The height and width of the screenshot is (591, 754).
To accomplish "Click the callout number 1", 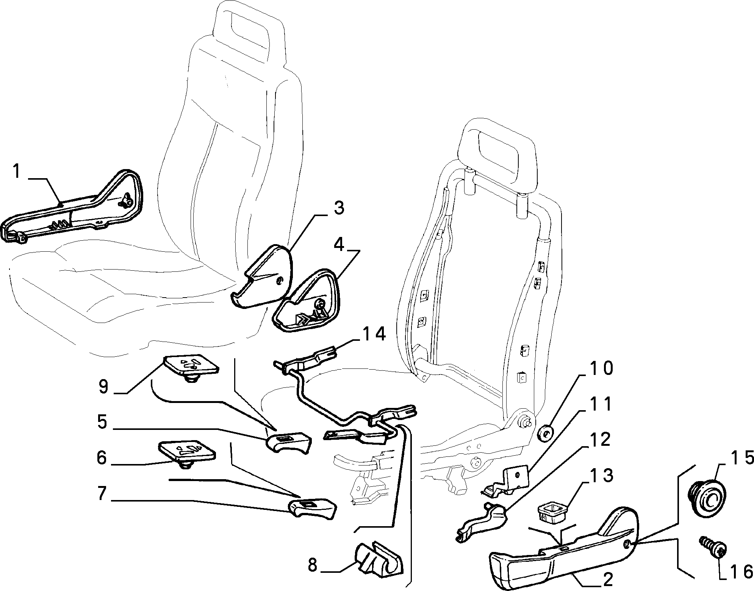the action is click(x=16, y=171).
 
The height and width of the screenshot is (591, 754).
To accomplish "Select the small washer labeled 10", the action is click(x=544, y=433).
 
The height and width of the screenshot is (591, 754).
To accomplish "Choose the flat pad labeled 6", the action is click(x=186, y=453).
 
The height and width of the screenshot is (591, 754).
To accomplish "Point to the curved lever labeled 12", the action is click(x=483, y=521).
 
